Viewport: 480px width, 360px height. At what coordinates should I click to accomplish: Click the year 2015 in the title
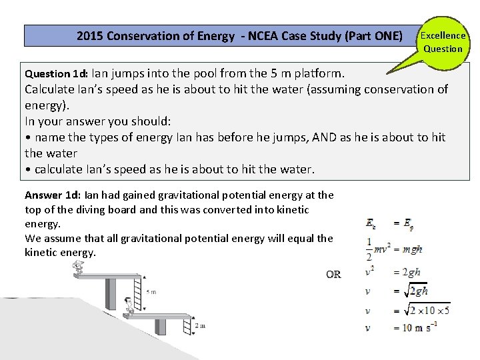click(90, 36)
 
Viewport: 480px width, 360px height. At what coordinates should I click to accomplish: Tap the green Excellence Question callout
click(443, 41)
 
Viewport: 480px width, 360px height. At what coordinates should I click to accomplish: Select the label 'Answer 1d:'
click(53, 195)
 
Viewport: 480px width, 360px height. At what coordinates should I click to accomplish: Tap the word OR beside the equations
click(334, 274)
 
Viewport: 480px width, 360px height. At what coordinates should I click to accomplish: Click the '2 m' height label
click(201, 326)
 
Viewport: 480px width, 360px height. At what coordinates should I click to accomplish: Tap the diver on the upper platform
click(79, 267)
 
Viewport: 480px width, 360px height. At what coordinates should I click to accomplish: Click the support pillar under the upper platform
click(111, 293)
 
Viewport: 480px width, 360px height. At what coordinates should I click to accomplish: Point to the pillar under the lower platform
click(161, 327)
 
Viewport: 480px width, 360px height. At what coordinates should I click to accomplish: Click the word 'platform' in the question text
click(315, 73)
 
